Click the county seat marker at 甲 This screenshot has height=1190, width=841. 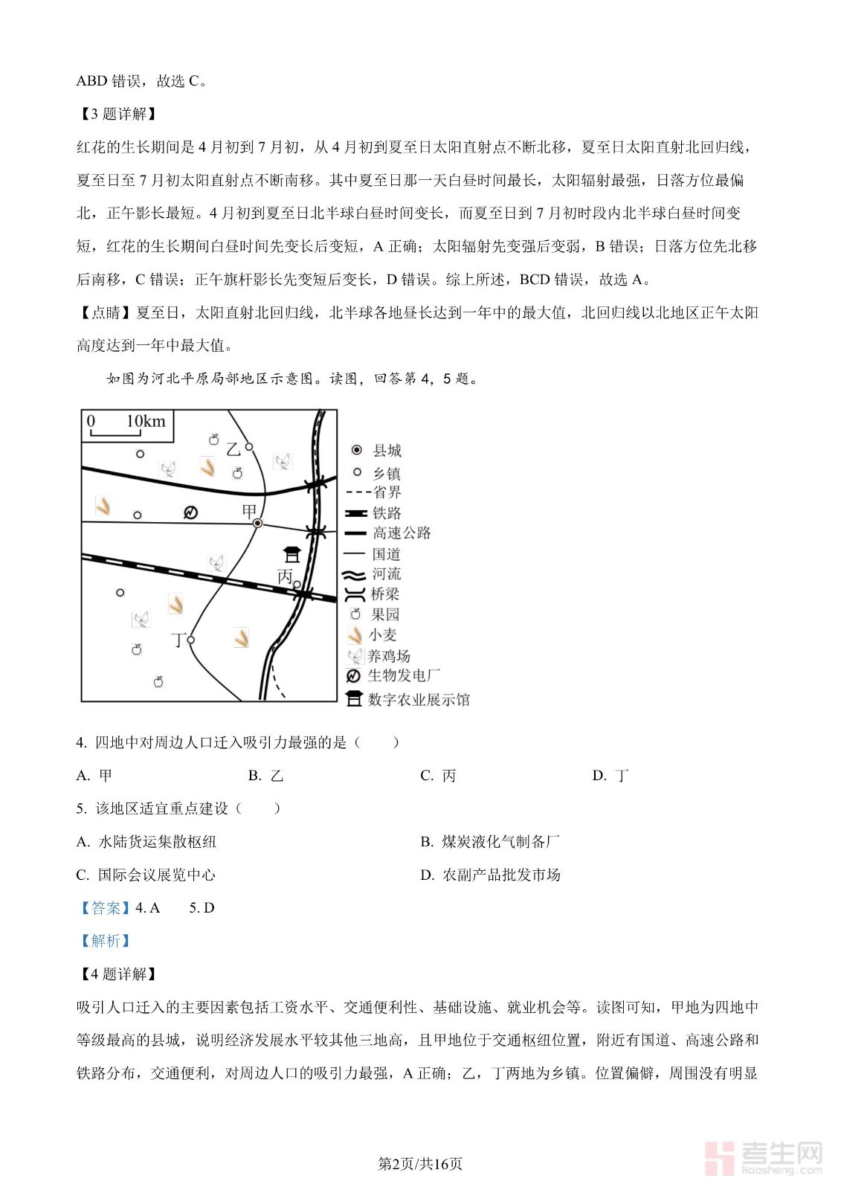tap(258, 524)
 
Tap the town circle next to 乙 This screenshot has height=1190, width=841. tap(249, 447)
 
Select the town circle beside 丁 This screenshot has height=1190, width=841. tap(191, 640)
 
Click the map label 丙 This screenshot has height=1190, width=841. tap(285, 576)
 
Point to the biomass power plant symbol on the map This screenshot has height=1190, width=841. tap(190, 512)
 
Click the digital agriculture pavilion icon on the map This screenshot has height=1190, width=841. tap(292, 554)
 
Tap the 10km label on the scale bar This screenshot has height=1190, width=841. tap(146, 422)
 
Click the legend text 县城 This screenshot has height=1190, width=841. tap(387, 451)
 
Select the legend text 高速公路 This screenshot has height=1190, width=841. tap(402, 533)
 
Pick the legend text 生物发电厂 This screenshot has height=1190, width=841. tap(404, 675)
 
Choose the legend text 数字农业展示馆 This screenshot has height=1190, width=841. tap(419, 699)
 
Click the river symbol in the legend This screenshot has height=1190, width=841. tap(355, 574)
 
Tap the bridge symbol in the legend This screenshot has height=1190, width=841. tap(355, 594)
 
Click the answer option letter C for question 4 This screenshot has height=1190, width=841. tap(426, 776)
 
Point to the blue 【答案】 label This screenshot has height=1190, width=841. tap(104, 907)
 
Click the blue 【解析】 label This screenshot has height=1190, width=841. tap(105, 941)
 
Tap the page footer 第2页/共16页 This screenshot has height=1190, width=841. tap(420, 1164)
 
